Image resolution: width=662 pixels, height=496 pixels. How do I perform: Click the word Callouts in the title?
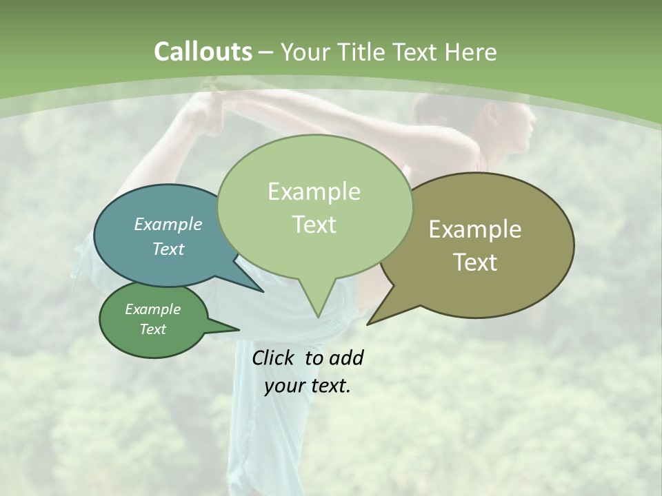203,52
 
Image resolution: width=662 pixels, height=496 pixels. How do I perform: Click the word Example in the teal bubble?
168,224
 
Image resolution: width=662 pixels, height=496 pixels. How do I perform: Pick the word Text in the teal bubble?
168,249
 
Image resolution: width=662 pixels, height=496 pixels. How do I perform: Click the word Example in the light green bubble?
314,192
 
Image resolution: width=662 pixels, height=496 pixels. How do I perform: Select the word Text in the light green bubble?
314,225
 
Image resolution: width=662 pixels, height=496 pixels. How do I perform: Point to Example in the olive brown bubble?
475,229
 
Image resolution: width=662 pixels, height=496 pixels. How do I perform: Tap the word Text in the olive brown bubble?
475,262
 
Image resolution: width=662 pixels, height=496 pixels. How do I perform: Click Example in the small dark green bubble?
152,309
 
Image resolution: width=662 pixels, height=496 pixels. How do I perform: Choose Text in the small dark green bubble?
152,329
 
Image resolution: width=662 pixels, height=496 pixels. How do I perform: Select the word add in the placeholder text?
346,358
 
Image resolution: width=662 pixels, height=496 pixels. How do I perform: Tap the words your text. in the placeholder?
308,386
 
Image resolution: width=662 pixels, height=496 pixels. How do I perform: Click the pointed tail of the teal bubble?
262,291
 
